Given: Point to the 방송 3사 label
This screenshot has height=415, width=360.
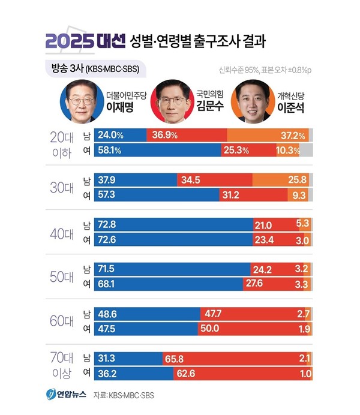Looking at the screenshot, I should (63, 68).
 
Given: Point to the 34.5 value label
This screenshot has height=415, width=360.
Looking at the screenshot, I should (190, 179).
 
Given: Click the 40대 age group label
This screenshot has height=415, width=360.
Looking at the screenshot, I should (61, 233).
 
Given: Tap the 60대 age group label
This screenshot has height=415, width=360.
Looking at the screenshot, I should (61, 321).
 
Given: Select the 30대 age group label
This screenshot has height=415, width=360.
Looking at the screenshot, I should (61, 187).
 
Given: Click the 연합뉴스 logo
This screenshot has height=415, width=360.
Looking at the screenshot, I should (67, 395).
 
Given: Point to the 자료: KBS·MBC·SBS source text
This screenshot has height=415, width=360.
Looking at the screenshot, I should (127, 396).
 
